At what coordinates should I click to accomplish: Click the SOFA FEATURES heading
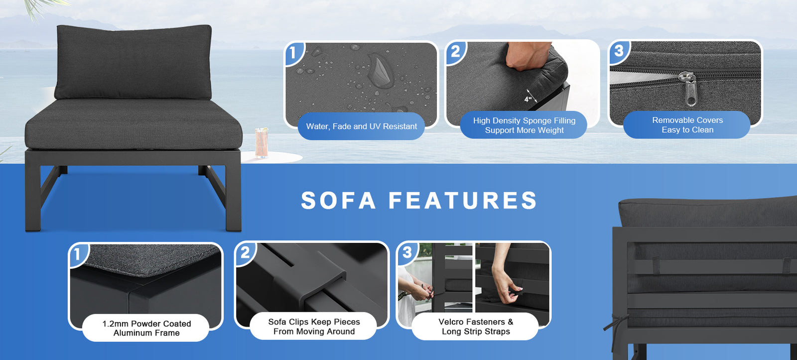tap(419, 200)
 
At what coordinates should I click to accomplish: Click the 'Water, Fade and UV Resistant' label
tap(362, 126)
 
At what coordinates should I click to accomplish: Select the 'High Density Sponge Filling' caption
tap(524, 120)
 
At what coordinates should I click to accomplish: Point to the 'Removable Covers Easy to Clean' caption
tap(687, 125)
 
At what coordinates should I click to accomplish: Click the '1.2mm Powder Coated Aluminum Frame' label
tap(146, 328)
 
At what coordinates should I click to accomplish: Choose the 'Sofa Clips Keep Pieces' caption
tap(314, 322)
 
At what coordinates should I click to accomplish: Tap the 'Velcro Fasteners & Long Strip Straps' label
tap(476, 327)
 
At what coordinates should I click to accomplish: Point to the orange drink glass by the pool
tap(261, 142)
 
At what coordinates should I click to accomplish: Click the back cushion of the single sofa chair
tap(133, 62)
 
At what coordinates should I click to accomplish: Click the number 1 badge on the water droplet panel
tap(293, 53)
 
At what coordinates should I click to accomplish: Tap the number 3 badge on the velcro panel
tap(407, 253)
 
